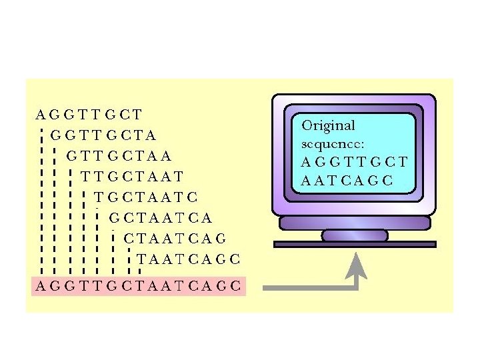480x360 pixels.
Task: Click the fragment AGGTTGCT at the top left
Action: (x=89, y=114)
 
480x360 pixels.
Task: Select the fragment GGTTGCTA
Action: (x=103, y=135)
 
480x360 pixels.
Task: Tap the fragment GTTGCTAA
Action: (x=119, y=156)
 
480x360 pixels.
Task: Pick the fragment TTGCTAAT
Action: (x=131, y=177)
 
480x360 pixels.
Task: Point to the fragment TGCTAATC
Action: (x=146, y=197)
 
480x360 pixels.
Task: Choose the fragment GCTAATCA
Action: (x=161, y=217)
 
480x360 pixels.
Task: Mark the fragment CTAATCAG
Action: (x=175, y=238)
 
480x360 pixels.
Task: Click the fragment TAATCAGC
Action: (x=189, y=259)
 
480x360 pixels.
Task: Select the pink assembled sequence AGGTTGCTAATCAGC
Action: (x=139, y=287)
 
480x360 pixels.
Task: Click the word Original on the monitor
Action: (x=328, y=125)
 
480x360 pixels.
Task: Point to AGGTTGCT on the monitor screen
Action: (x=354, y=162)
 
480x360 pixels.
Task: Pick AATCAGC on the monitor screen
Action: (x=347, y=180)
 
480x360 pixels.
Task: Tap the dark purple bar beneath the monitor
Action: (x=355, y=245)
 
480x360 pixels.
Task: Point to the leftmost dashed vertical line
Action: (x=41, y=200)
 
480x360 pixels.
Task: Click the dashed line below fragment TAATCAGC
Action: (x=139, y=271)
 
